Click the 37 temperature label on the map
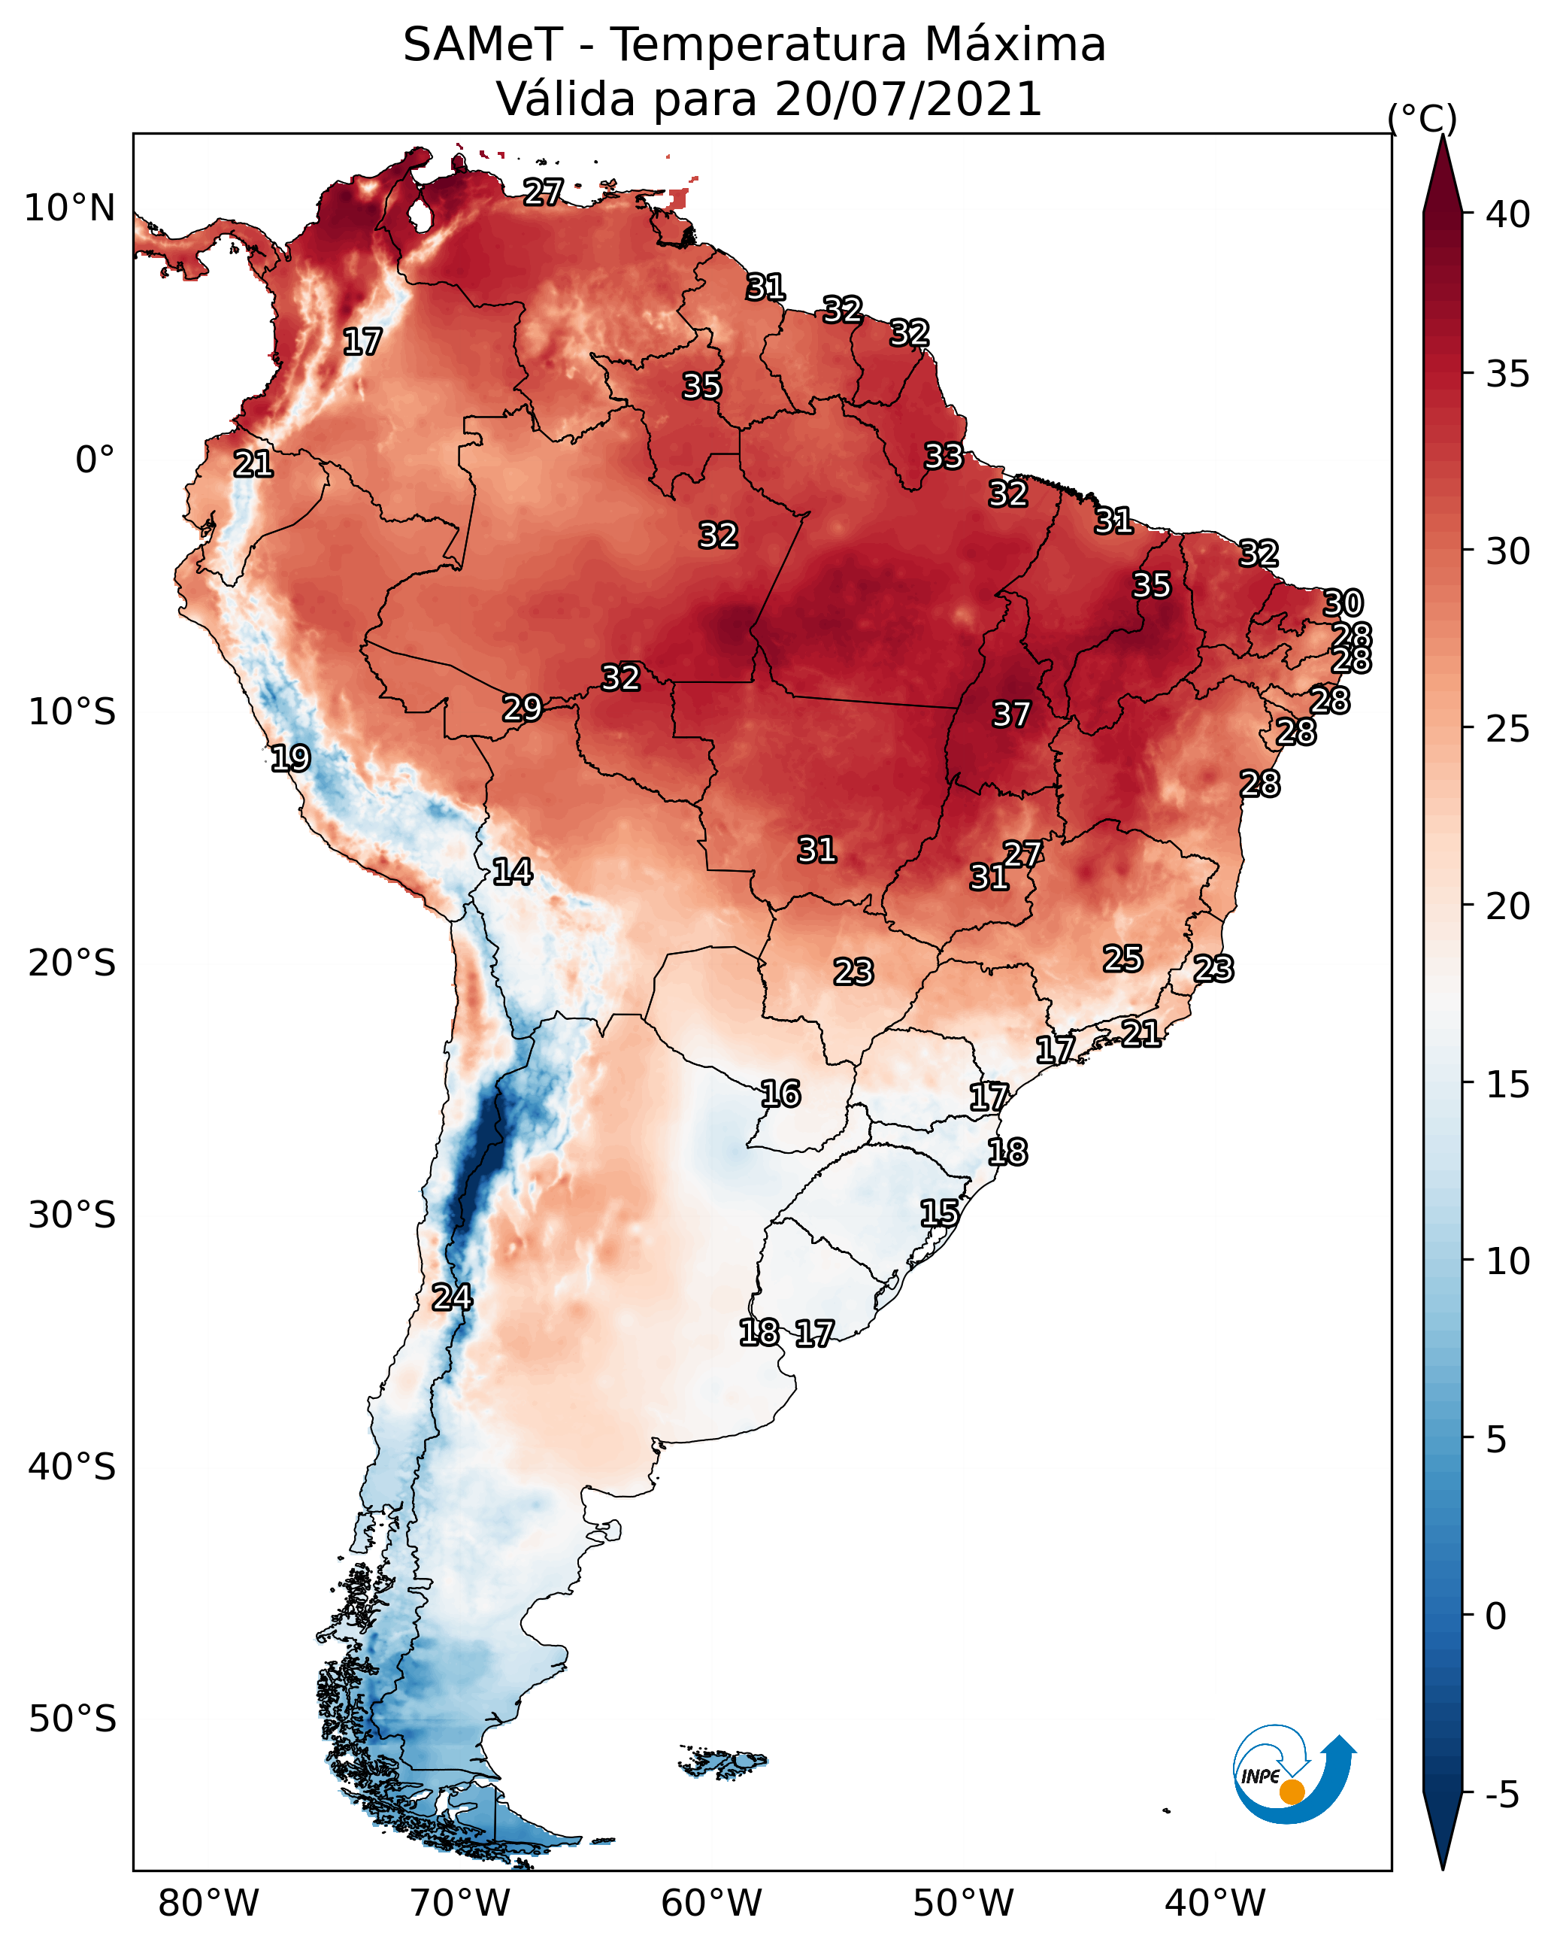click(1011, 715)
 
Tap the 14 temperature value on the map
click(512, 872)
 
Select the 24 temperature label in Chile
click(452, 1297)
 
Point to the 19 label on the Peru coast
click(290, 758)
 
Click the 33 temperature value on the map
click(944, 456)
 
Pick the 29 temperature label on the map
click(523, 709)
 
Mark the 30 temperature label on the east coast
click(1343, 602)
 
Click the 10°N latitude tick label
click(69, 208)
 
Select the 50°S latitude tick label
click(72, 1719)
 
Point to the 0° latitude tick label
click(95, 460)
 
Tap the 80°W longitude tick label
click(208, 1904)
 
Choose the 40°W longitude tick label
click(1215, 1904)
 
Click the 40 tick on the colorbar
click(1508, 214)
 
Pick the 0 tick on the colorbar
click(1495, 1616)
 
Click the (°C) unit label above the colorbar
click(1422, 118)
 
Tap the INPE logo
click(1293, 1774)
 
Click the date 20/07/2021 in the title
click(908, 99)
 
